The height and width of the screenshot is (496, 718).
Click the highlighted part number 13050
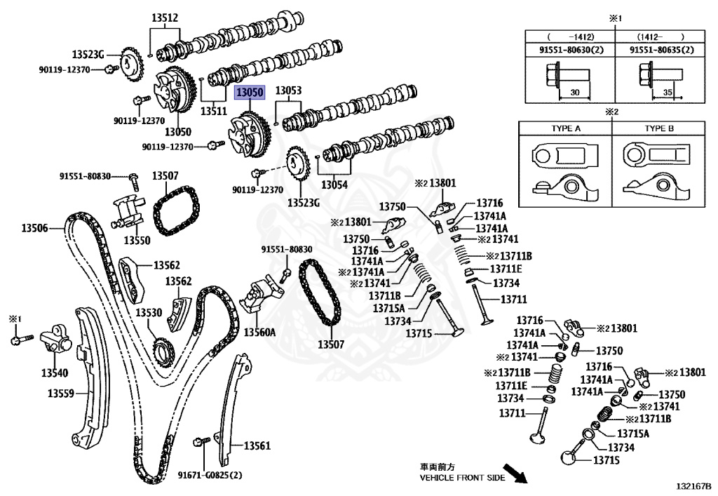click(x=249, y=93)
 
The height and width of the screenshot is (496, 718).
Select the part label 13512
click(x=164, y=18)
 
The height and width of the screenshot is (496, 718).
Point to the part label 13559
click(x=61, y=394)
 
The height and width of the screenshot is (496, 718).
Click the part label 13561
click(x=257, y=445)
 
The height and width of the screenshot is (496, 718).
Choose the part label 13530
click(x=149, y=312)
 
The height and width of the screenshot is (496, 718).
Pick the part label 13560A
click(x=259, y=332)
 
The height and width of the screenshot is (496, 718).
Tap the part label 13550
click(x=137, y=240)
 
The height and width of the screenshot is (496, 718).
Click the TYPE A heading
click(x=565, y=129)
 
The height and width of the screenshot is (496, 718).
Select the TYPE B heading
click(x=659, y=129)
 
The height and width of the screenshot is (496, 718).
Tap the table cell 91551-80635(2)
click(x=661, y=50)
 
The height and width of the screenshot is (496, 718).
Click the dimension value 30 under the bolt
click(x=574, y=92)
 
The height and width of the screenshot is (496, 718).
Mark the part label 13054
click(x=334, y=185)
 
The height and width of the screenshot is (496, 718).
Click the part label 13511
click(x=214, y=111)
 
